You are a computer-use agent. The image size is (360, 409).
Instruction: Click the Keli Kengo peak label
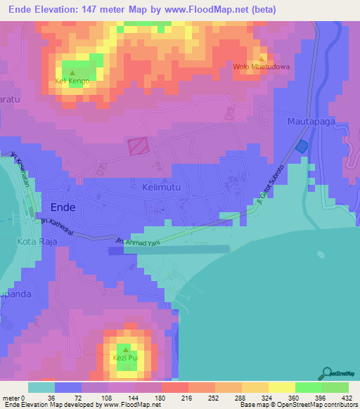click(72, 82)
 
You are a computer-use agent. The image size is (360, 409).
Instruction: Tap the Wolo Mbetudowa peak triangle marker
click(262, 58)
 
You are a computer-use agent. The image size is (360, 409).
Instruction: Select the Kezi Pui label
click(124, 358)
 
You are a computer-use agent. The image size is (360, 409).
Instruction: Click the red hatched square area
click(138, 146)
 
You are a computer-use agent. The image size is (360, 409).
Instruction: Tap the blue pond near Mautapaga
click(302, 145)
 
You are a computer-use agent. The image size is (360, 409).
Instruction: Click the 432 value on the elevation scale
click(347, 397)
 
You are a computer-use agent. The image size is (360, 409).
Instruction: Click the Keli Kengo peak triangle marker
click(72, 72)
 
